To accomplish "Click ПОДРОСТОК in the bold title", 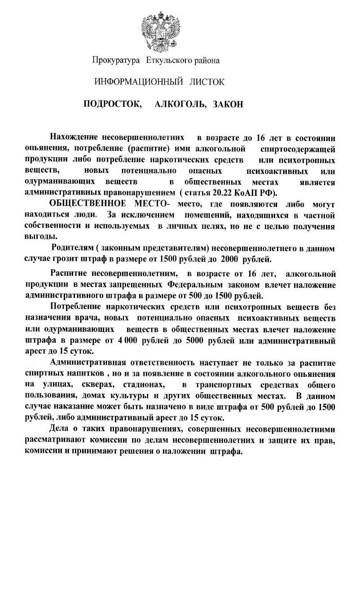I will coord(112,105).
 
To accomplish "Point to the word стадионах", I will coord(144,385).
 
